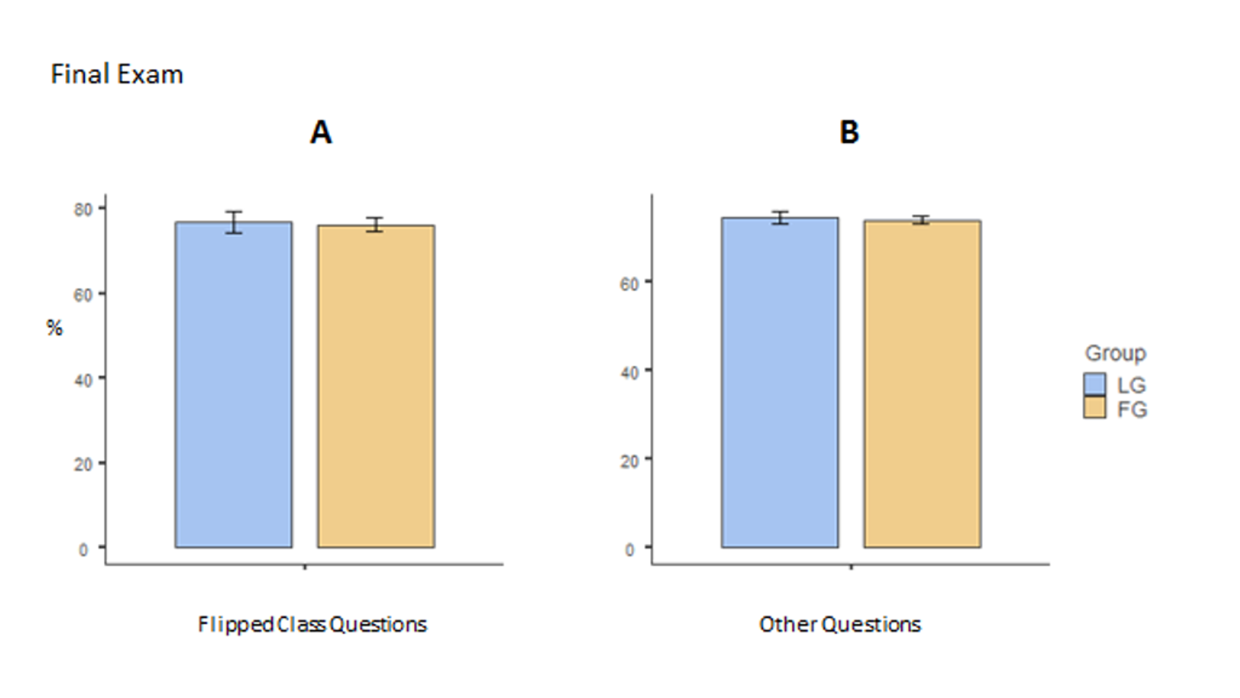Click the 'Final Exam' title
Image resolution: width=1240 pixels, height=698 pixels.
tap(117, 74)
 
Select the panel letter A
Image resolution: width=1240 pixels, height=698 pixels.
tap(321, 132)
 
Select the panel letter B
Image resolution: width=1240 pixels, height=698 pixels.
tap(849, 132)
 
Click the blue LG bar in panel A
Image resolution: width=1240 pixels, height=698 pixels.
tap(234, 385)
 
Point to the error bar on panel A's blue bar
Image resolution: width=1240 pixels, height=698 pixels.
tap(234, 222)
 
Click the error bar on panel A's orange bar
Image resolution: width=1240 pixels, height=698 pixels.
tap(374, 225)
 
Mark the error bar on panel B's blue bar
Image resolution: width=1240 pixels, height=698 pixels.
tap(780, 218)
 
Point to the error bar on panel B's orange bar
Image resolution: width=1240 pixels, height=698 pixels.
tap(921, 220)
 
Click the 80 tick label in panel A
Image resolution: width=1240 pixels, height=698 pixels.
tap(83, 210)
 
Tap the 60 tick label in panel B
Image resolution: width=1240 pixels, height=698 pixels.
tap(629, 284)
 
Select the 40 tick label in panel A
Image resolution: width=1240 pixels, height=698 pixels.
tap(83, 380)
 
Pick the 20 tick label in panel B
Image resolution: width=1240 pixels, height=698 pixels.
tap(629, 462)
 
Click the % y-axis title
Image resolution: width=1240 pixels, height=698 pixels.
tap(55, 328)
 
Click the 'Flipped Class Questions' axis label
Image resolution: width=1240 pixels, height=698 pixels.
tap(312, 624)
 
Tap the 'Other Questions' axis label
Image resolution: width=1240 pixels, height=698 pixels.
tap(839, 624)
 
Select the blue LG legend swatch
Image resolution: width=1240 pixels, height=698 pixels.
tap(1094, 384)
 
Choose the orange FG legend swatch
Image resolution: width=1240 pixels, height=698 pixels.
tap(1094, 408)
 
